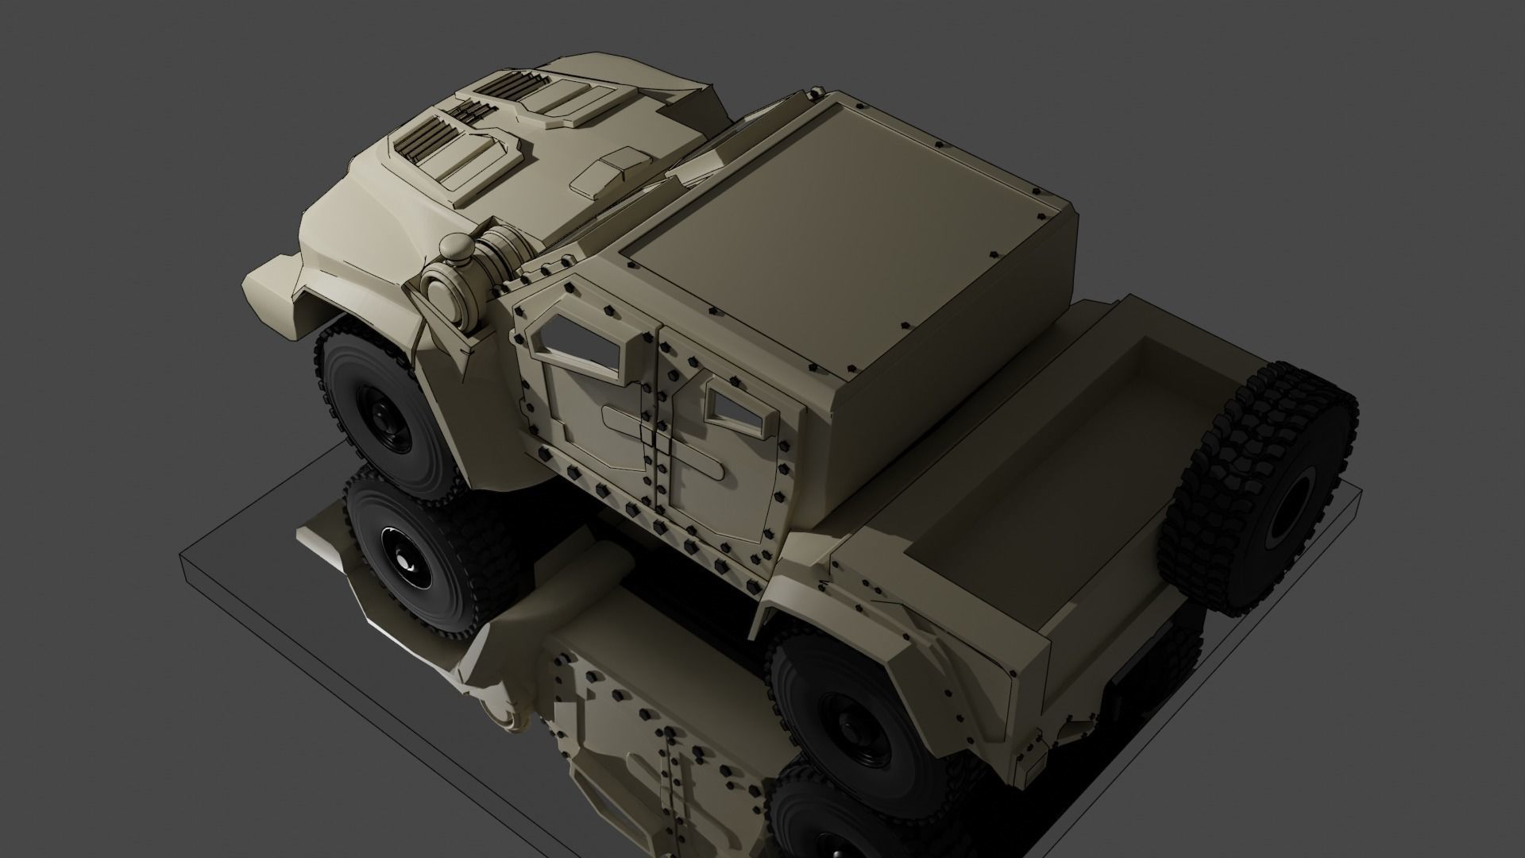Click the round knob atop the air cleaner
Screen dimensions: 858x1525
point(457,249)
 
